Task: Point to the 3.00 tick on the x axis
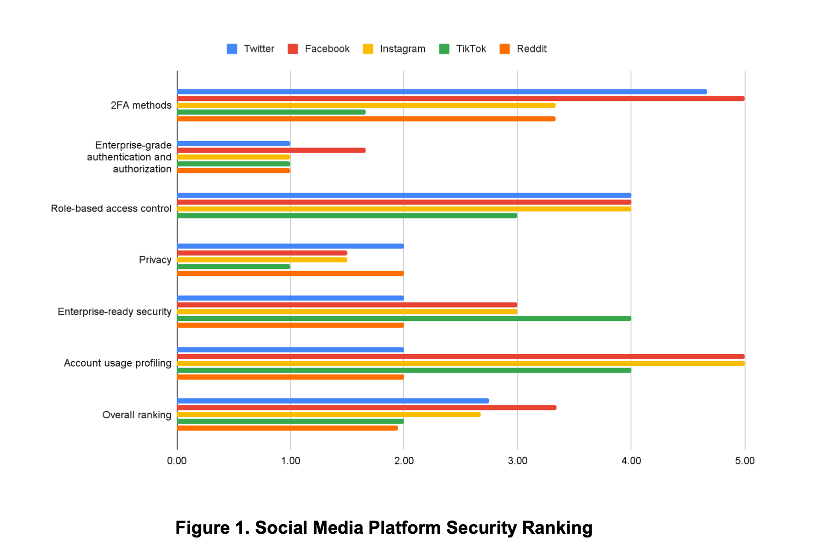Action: [517, 461]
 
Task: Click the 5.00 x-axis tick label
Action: [744, 461]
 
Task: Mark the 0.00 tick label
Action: [177, 461]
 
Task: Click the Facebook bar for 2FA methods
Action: [460, 99]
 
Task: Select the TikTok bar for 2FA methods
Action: [271, 112]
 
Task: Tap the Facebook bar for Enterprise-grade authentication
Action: [271, 150]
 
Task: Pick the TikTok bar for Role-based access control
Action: [347, 216]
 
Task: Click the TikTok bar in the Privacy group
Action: [233, 267]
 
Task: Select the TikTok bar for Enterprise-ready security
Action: [404, 318]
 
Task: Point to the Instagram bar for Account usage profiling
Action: [460, 364]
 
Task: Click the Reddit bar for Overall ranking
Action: [288, 428]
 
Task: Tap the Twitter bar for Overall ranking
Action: [333, 401]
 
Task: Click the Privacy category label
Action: [155, 260]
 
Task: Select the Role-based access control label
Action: [111, 208]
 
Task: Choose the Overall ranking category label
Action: [137, 415]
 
